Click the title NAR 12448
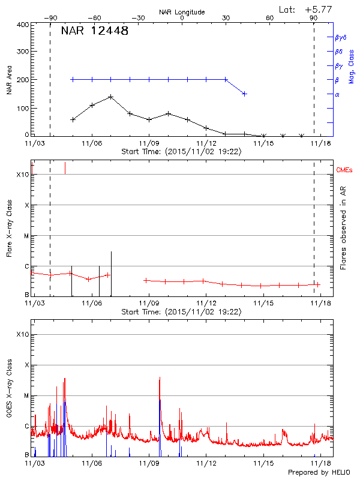pyautogui.click(x=94, y=32)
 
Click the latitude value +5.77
pyautogui.click(x=320, y=9)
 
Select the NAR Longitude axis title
pyautogui.click(x=182, y=12)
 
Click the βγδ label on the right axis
pyautogui.click(x=340, y=37)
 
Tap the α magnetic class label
pyautogui.click(x=337, y=94)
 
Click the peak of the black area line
pyautogui.click(x=111, y=97)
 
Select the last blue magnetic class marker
pyautogui.click(x=244, y=94)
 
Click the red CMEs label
pyautogui.click(x=345, y=170)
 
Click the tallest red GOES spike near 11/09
pyautogui.click(x=160, y=377)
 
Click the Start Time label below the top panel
pyautogui.click(x=181, y=152)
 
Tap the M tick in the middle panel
pyautogui.click(x=26, y=236)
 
